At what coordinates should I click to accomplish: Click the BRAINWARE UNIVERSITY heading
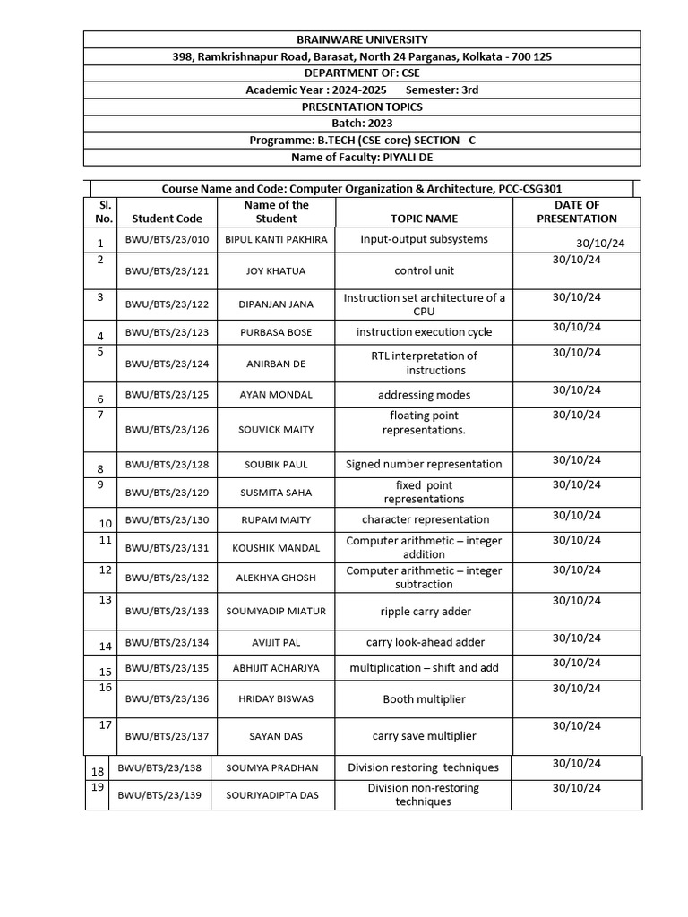[x=362, y=39]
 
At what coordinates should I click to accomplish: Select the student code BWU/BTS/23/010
[x=167, y=240]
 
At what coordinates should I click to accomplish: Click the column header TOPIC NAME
[x=424, y=218]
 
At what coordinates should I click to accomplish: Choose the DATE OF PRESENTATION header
[x=576, y=211]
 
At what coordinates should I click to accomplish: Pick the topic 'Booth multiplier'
[x=425, y=699]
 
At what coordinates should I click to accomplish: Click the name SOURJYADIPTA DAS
[x=271, y=795]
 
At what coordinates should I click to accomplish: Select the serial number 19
[x=98, y=787]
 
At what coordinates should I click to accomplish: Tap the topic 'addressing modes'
[x=424, y=395]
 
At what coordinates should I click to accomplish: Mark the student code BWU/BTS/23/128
[x=167, y=465]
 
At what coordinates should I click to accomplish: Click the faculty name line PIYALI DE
[x=362, y=158]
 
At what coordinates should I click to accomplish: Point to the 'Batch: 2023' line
[x=362, y=124]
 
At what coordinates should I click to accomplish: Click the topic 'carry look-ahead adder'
[x=425, y=643]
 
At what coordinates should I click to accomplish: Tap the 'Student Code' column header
[x=167, y=218]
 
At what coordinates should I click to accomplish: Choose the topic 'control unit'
[x=424, y=270]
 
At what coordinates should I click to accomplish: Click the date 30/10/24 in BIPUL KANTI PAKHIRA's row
[x=601, y=244]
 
